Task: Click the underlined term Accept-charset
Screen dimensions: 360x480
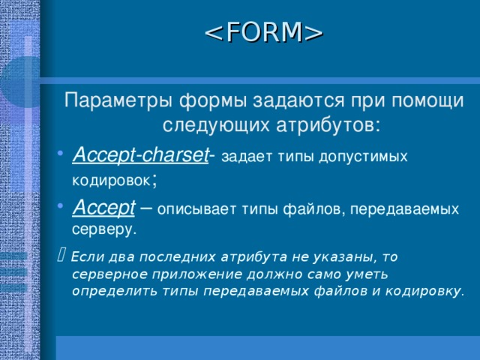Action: coord(140,155)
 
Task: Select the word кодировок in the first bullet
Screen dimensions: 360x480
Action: coord(112,181)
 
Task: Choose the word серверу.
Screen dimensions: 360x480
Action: coord(104,227)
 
